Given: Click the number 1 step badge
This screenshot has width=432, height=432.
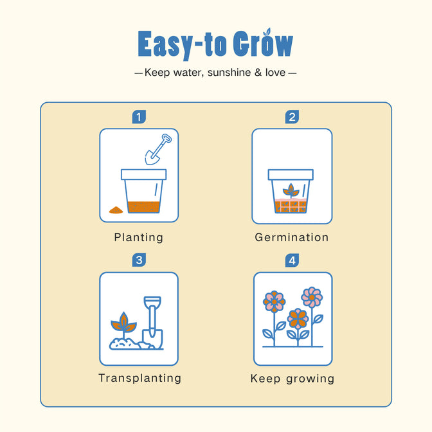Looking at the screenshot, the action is [x=139, y=117].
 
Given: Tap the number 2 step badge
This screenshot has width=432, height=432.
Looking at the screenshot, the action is [x=292, y=117].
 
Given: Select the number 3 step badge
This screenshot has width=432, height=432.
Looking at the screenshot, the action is [x=139, y=260].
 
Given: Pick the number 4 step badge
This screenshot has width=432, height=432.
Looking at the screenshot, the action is [x=292, y=260].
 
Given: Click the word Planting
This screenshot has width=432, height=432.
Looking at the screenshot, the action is [x=139, y=237].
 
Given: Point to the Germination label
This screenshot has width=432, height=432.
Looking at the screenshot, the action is [x=292, y=237].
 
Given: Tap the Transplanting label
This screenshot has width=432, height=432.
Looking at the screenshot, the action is [x=140, y=378].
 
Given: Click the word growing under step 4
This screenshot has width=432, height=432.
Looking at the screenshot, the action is [x=310, y=379].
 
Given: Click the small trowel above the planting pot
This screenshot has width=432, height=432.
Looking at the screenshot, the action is [x=158, y=149].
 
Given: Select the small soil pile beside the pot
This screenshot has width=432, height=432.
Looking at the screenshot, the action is [x=116, y=210].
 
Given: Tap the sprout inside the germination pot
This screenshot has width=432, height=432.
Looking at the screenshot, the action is [x=291, y=191].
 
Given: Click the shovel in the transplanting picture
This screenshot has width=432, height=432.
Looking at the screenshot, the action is [x=152, y=322].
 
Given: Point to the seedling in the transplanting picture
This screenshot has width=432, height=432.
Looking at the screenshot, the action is [x=123, y=325].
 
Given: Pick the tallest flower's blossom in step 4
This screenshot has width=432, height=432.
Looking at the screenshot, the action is [x=312, y=297].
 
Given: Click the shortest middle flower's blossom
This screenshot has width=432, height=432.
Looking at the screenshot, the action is [x=298, y=319].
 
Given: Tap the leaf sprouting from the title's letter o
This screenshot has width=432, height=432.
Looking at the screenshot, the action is [x=267, y=32].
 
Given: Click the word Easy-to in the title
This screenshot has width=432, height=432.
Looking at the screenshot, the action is [x=182, y=44].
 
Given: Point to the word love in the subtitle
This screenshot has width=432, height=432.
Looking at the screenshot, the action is [x=275, y=73].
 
